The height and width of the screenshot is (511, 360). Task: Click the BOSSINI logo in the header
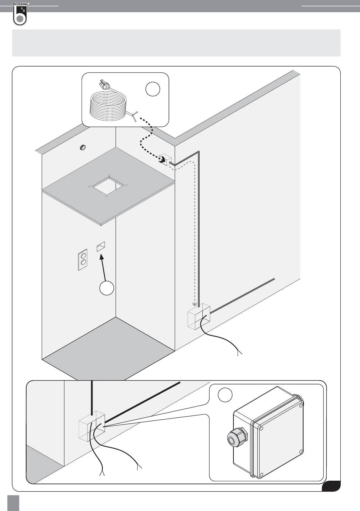click(20, 14)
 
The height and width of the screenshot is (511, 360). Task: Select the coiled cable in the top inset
click(108, 107)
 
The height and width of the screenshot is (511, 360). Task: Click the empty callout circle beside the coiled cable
click(152, 89)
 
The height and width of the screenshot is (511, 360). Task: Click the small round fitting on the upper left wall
click(82, 147)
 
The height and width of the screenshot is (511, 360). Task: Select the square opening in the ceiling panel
click(108, 186)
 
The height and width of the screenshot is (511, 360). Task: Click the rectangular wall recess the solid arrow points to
click(100, 247)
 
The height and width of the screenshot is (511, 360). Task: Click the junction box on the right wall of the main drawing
click(199, 315)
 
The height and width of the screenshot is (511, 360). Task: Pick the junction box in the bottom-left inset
click(91, 425)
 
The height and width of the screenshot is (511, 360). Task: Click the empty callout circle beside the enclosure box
click(225, 395)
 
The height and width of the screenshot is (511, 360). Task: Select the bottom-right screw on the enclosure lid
click(301, 451)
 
